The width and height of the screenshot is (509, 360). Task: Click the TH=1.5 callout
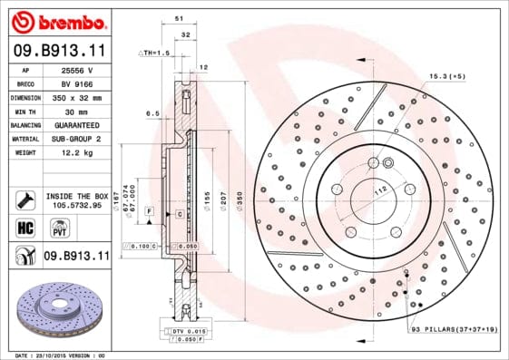coord(155,54)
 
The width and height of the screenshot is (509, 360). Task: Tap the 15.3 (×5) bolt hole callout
coord(447,76)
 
